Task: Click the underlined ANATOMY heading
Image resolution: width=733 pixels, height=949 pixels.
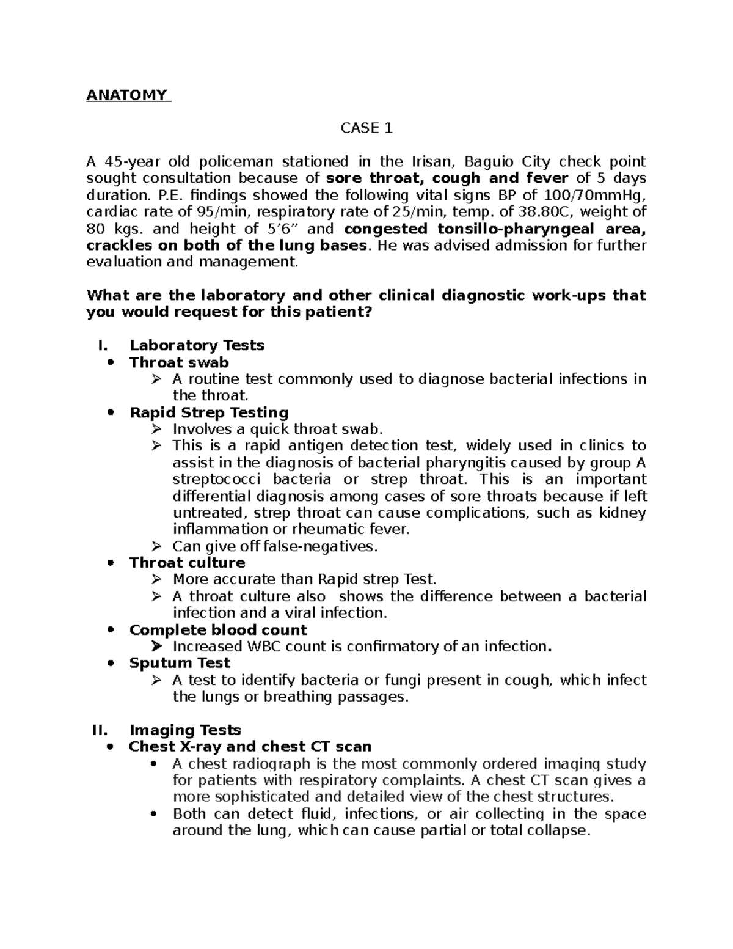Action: click(128, 95)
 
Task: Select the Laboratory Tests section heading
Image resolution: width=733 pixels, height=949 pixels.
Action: click(197, 346)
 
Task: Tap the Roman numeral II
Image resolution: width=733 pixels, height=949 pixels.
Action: click(98, 730)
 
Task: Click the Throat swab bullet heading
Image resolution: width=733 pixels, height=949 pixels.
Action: click(179, 362)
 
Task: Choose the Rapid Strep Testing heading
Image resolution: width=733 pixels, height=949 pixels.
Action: click(209, 412)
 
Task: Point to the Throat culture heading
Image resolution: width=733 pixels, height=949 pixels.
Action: click(187, 563)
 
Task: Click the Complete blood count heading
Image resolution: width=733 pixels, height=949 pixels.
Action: click(218, 630)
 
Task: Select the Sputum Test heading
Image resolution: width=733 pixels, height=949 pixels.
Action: click(180, 663)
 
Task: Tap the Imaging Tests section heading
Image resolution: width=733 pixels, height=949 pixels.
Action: click(185, 730)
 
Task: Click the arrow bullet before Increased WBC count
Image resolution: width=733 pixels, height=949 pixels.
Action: click(157, 647)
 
